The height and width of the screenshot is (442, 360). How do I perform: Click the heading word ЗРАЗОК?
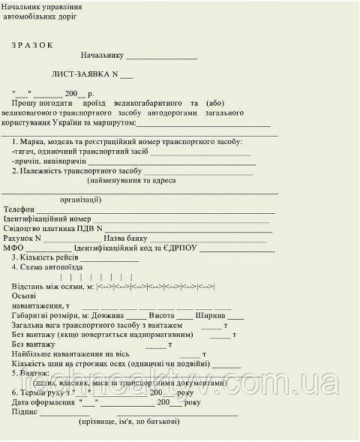click(x=32, y=44)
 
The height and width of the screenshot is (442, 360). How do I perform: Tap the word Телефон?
click(x=19, y=209)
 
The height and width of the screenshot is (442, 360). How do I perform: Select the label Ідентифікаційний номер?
click(x=47, y=219)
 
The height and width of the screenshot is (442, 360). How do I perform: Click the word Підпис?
click(x=25, y=412)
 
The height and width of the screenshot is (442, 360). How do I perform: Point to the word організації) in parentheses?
click(x=76, y=200)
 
